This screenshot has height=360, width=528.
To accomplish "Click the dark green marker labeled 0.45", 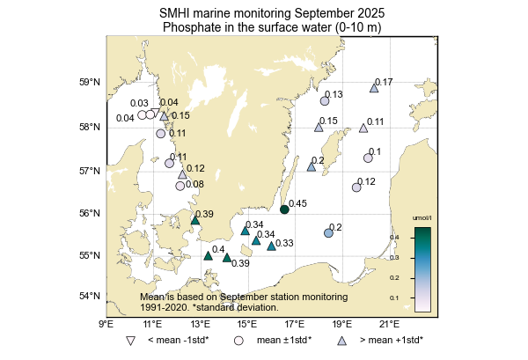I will [x=284, y=209].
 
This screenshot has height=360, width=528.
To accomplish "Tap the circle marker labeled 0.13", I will [x=325, y=101].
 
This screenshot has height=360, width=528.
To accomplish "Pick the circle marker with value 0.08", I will [x=180, y=186].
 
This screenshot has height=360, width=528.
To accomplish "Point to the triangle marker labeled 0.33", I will [x=271, y=246].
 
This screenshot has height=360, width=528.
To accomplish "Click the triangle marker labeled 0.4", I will [x=208, y=256].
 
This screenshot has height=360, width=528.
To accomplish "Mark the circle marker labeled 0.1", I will [x=368, y=158].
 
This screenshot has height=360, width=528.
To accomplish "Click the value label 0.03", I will [x=139, y=104].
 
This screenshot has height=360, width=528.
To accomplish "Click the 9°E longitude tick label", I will [x=106, y=323].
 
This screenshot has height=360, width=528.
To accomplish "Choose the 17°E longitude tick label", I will [x=293, y=323].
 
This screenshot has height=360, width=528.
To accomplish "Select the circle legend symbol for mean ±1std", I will [x=238, y=340].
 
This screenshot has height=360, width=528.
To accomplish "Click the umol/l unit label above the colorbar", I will [x=422, y=217].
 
